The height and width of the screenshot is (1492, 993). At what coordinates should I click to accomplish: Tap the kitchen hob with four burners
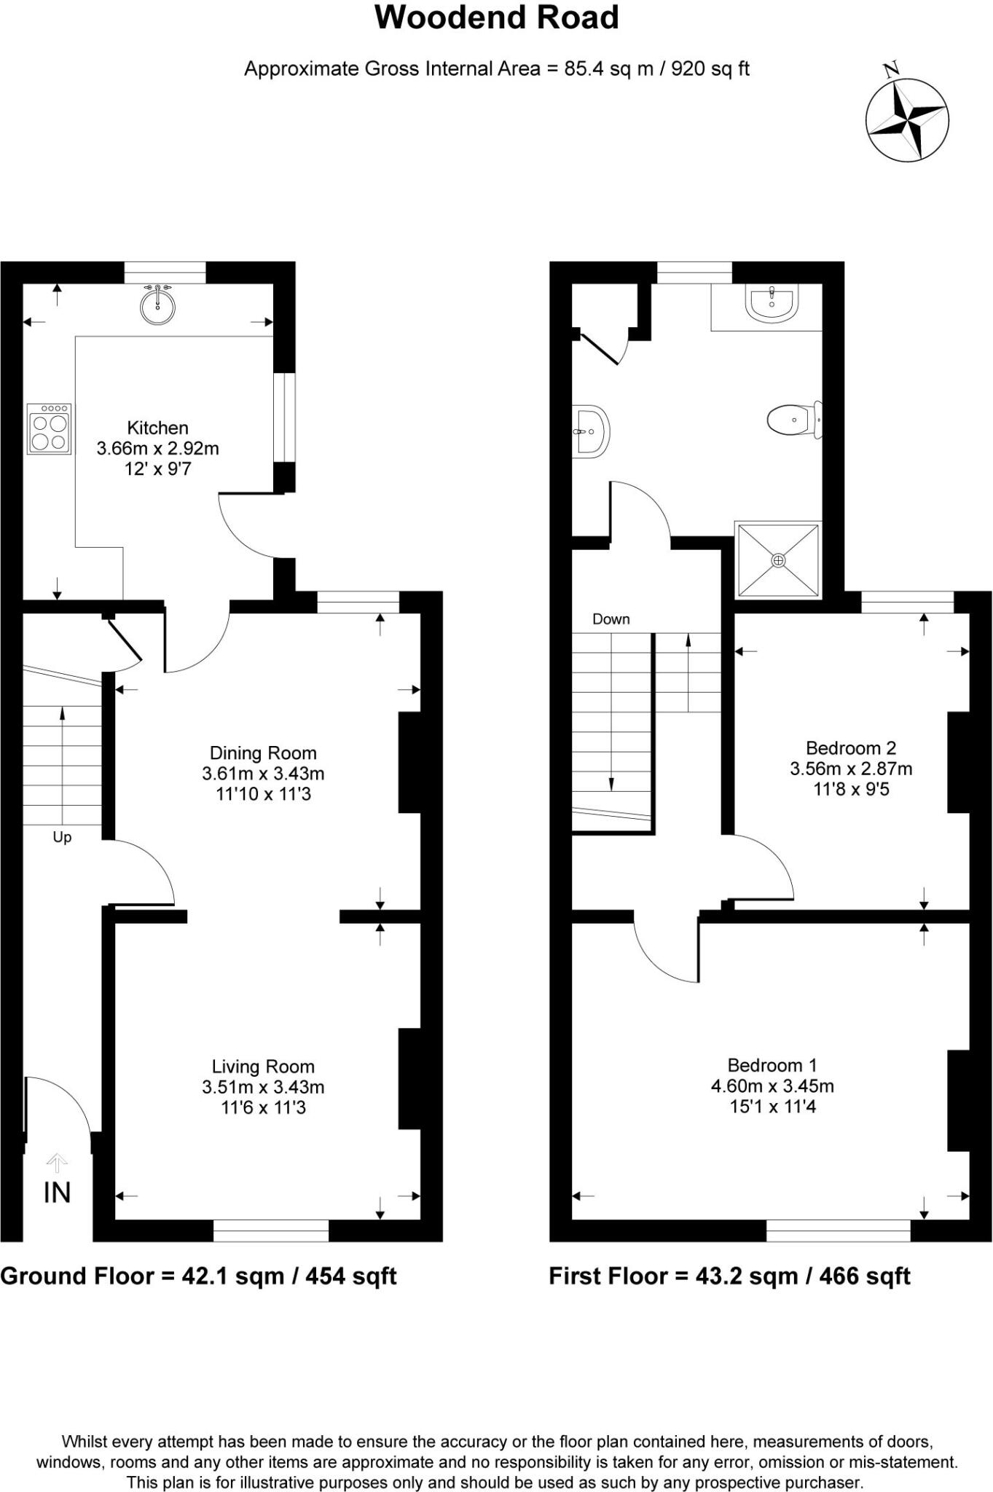(x=50, y=429)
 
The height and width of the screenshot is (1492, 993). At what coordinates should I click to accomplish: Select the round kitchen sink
(x=157, y=306)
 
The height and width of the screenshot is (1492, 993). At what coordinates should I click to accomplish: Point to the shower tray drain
(x=778, y=560)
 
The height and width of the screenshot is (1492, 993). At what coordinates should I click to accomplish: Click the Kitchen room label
(x=157, y=428)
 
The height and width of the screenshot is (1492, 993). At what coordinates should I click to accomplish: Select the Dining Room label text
(x=263, y=753)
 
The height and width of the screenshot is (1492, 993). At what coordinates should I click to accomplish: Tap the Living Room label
(x=263, y=1067)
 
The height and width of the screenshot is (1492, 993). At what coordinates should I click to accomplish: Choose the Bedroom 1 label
(x=772, y=1065)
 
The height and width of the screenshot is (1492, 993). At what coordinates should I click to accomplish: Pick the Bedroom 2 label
(x=851, y=747)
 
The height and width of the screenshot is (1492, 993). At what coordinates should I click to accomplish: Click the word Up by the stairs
(x=62, y=838)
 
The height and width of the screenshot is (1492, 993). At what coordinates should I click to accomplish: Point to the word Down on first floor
(x=611, y=619)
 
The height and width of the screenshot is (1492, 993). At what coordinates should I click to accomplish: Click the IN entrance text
(x=57, y=1193)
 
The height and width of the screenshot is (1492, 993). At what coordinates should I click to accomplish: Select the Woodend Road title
(x=496, y=17)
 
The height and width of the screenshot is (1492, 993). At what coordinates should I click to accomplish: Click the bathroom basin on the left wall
(x=590, y=431)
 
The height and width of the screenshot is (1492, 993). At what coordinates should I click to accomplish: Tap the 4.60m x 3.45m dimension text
(x=772, y=1086)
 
